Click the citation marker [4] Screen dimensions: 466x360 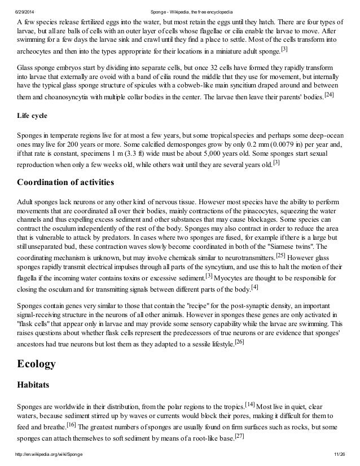pos(254,287)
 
